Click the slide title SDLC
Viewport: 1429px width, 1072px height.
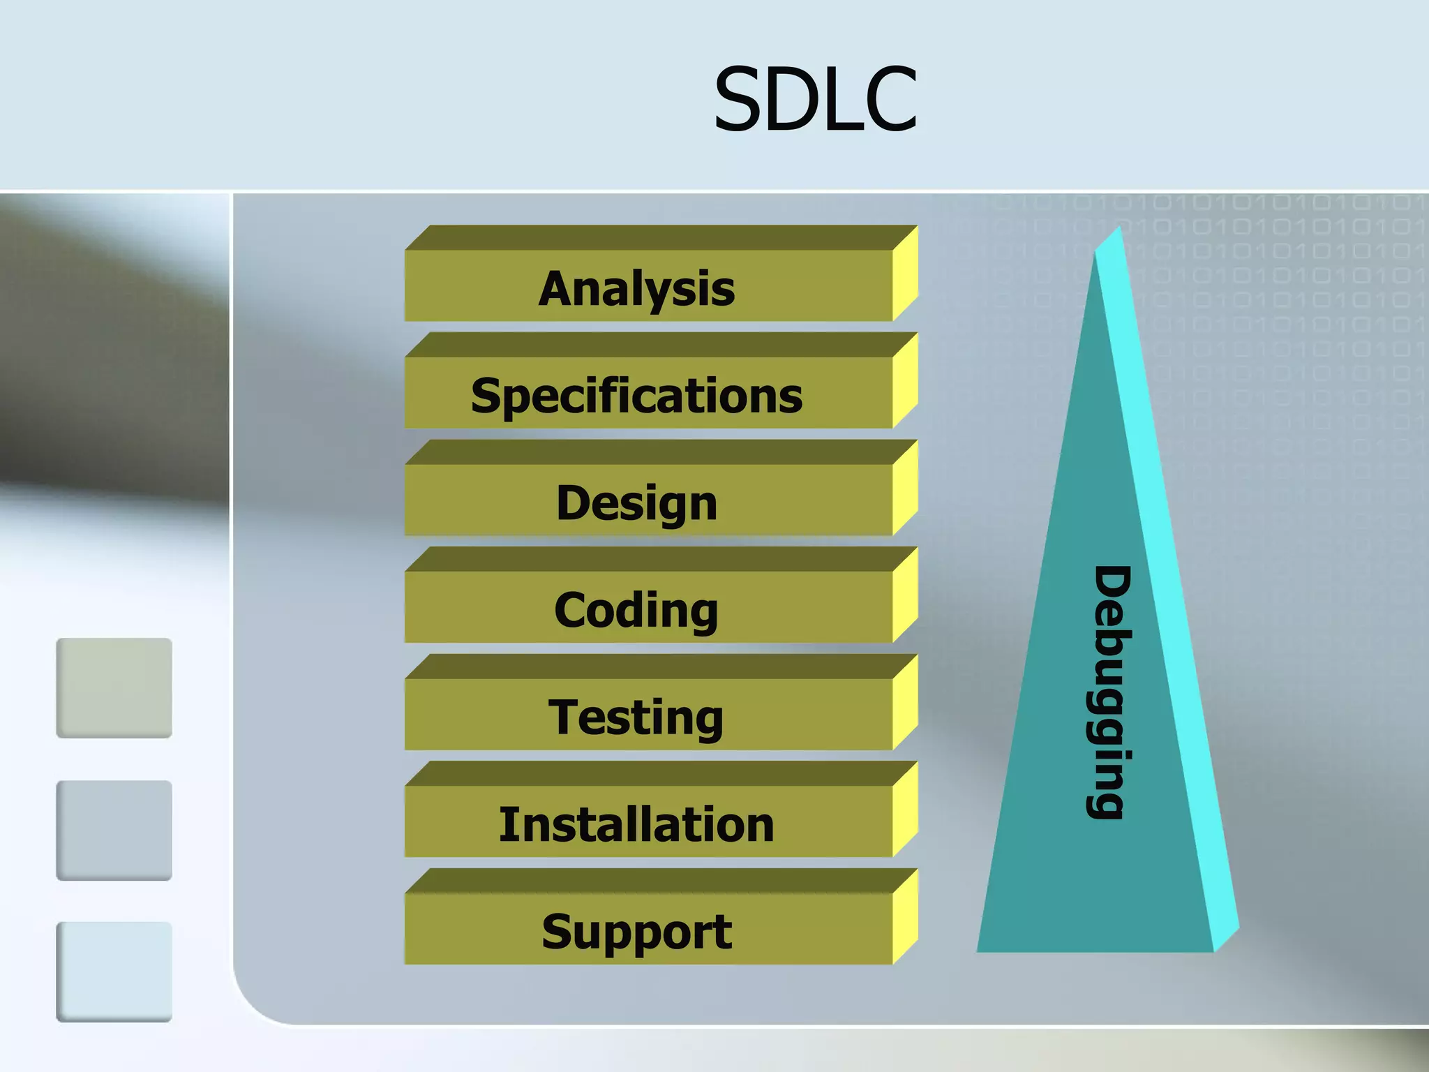815,99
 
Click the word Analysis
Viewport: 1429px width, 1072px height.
636,288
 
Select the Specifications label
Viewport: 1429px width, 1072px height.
636,396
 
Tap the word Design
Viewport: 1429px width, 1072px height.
636,503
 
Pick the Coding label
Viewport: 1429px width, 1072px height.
636,611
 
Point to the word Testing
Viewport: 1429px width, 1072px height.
636,717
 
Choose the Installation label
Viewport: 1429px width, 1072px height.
636,824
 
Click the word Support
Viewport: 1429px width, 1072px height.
636,932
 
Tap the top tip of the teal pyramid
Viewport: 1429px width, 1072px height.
1118,229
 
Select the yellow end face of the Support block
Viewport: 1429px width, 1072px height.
905,917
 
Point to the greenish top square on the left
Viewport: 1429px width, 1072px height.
114,687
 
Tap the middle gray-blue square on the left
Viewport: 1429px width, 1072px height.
114,830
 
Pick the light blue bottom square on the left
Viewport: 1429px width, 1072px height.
114,971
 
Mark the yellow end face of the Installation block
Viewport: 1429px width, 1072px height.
905,810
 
